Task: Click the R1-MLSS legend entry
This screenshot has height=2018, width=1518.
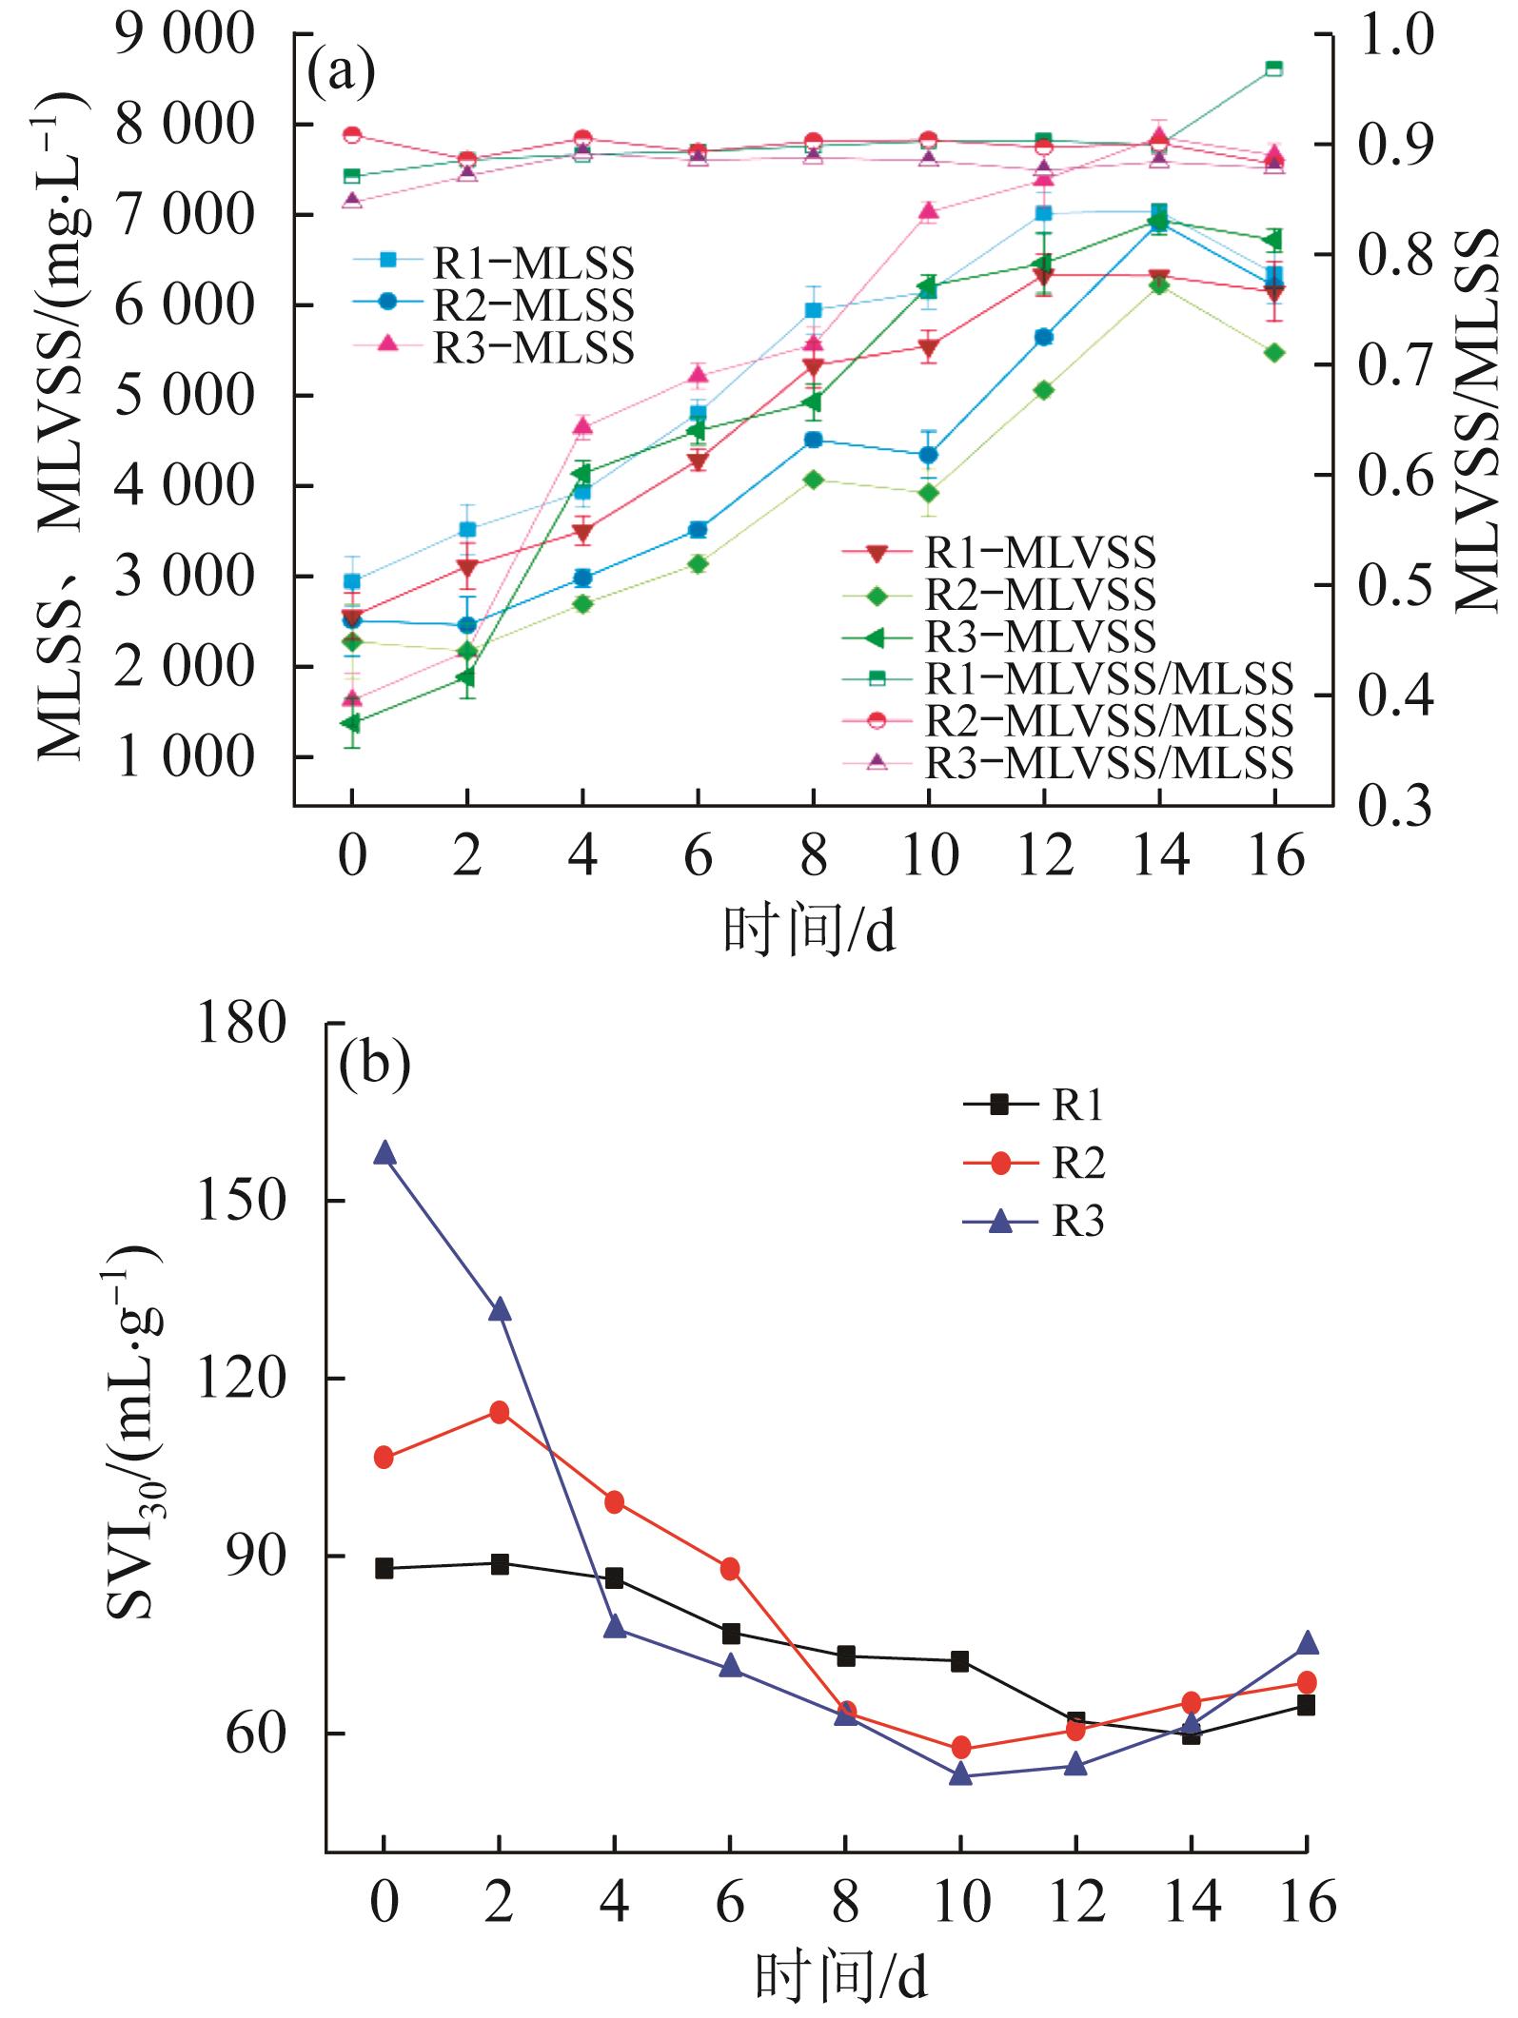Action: click(495, 262)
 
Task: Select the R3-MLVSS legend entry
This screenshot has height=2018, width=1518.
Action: click(999, 637)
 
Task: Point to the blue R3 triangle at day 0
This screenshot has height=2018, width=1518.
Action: click(384, 1153)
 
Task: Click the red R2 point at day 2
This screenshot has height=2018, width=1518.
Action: click(499, 1411)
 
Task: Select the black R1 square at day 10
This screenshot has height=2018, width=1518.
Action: click(960, 1661)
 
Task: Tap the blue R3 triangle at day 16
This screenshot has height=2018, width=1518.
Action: click(1307, 1643)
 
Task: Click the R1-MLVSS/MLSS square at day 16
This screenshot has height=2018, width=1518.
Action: click(1273, 68)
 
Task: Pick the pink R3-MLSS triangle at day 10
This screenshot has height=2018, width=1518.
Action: click(929, 212)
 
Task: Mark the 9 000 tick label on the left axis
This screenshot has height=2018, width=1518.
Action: click(171, 36)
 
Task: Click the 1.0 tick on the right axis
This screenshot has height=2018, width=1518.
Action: click(1393, 36)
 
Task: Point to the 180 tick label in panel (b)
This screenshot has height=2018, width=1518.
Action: click(242, 1024)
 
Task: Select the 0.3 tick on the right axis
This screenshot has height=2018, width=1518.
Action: click(1393, 806)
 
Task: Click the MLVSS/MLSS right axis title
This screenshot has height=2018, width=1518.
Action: click(1477, 423)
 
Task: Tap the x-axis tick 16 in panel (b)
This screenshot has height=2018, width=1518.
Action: click(1307, 1902)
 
